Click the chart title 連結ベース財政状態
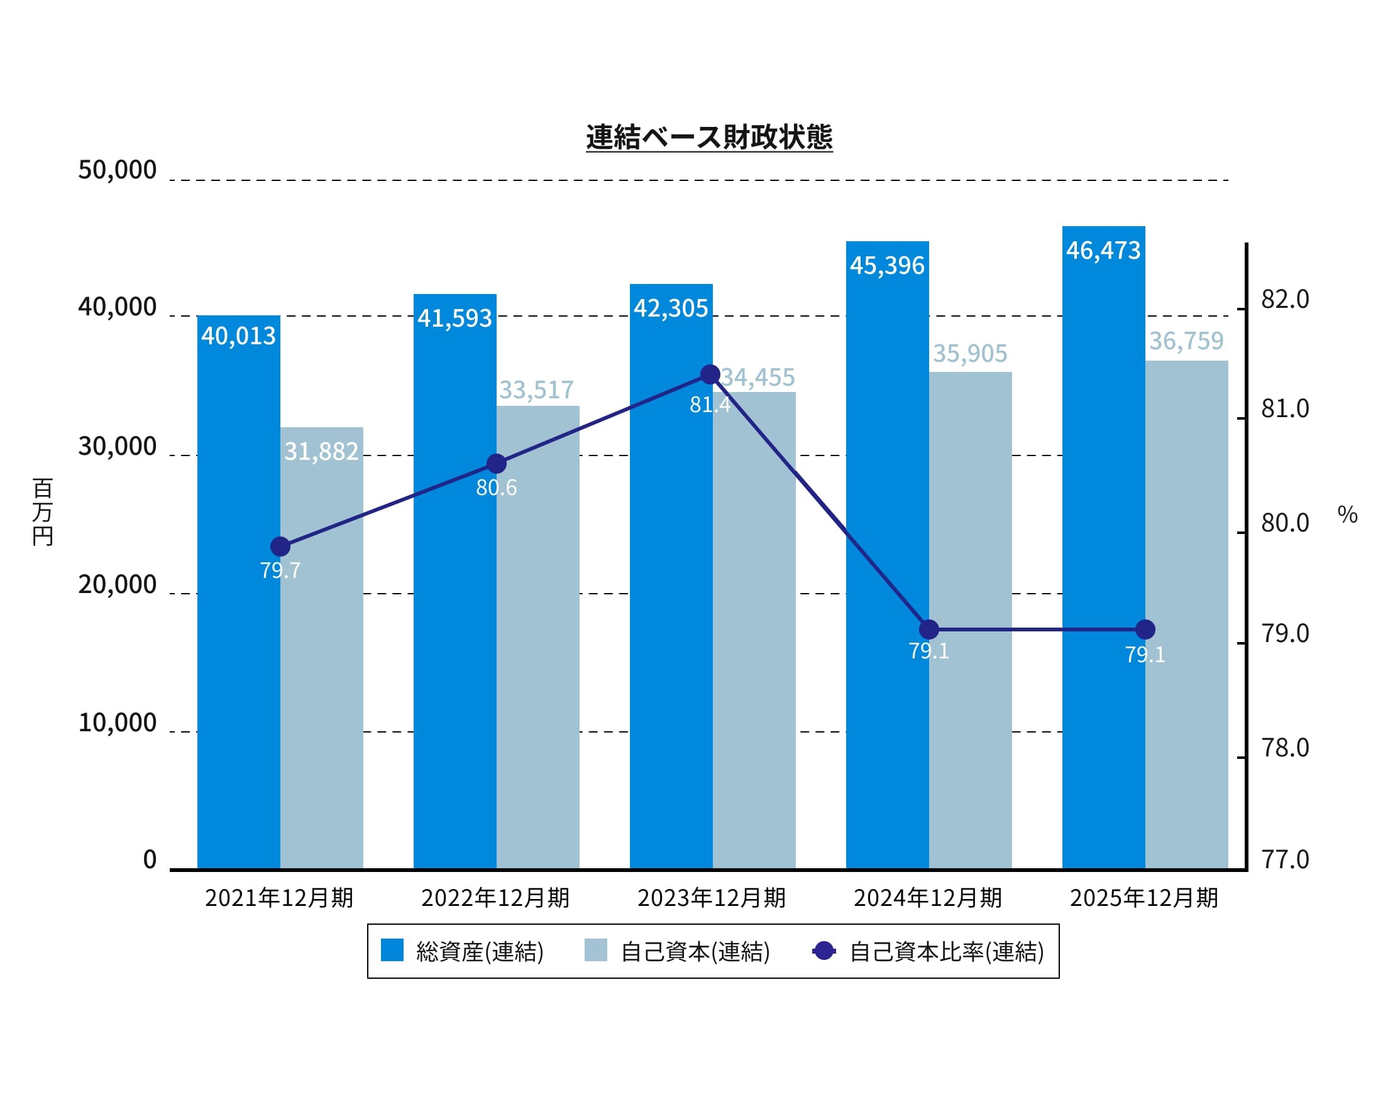pyautogui.click(x=709, y=137)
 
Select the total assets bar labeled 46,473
pyautogui.click(x=1103, y=547)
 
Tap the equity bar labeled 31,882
pyautogui.click(x=321, y=643)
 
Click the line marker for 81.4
pyautogui.click(x=710, y=374)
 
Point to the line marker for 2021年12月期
pyautogui.click(x=280, y=547)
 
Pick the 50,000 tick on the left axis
pyautogui.click(x=117, y=170)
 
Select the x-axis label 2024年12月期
pyautogui.click(x=927, y=898)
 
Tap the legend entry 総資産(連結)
pyautogui.click(x=462, y=952)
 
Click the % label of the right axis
pyautogui.click(x=1347, y=515)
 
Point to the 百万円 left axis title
pyautogui.click(x=43, y=512)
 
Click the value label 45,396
pyautogui.click(x=886, y=266)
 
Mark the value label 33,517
pyautogui.click(x=536, y=390)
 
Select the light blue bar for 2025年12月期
pyautogui.click(x=1186, y=611)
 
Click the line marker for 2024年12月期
pyautogui.click(x=928, y=629)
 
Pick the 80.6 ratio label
pyautogui.click(x=496, y=488)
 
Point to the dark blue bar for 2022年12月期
pyautogui.click(x=455, y=579)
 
